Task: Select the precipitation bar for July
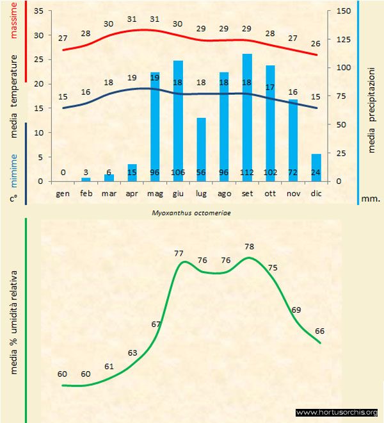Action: [201, 147]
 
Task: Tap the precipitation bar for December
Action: [316, 165]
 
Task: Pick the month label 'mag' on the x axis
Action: [155, 192]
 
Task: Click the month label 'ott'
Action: [270, 192]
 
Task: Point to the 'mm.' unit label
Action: [371, 199]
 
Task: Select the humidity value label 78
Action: [250, 246]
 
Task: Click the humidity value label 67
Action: [156, 324]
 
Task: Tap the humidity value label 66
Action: [320, 331]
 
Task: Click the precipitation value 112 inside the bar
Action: [247, 173]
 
